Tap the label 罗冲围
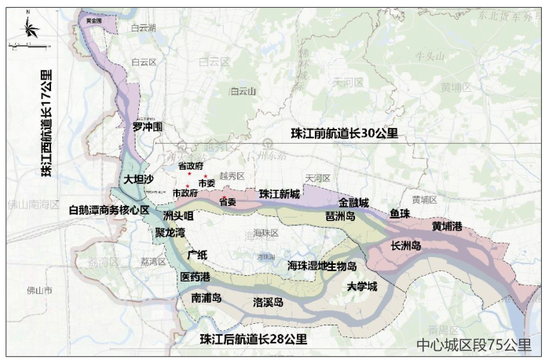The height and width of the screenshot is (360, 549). pos(147,126)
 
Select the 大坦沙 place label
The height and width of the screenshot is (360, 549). pos(139,179)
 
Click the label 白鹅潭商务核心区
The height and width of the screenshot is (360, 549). pos(109,210)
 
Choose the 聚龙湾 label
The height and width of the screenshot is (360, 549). pos(170,233)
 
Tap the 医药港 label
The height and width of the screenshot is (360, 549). pos(195,277)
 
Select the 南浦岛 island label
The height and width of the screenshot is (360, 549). pos(207,299)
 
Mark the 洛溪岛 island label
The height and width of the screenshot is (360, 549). pos(267,302)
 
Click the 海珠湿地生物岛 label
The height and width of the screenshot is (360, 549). pos(322,266)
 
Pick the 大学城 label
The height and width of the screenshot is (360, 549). pos(362,287)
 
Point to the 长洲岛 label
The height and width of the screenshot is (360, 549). pos(406,246)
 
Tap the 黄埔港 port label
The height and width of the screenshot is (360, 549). pos(447,226)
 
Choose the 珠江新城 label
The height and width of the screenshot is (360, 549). pos(280,193)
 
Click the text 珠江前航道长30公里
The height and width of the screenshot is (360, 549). pos(344,133)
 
